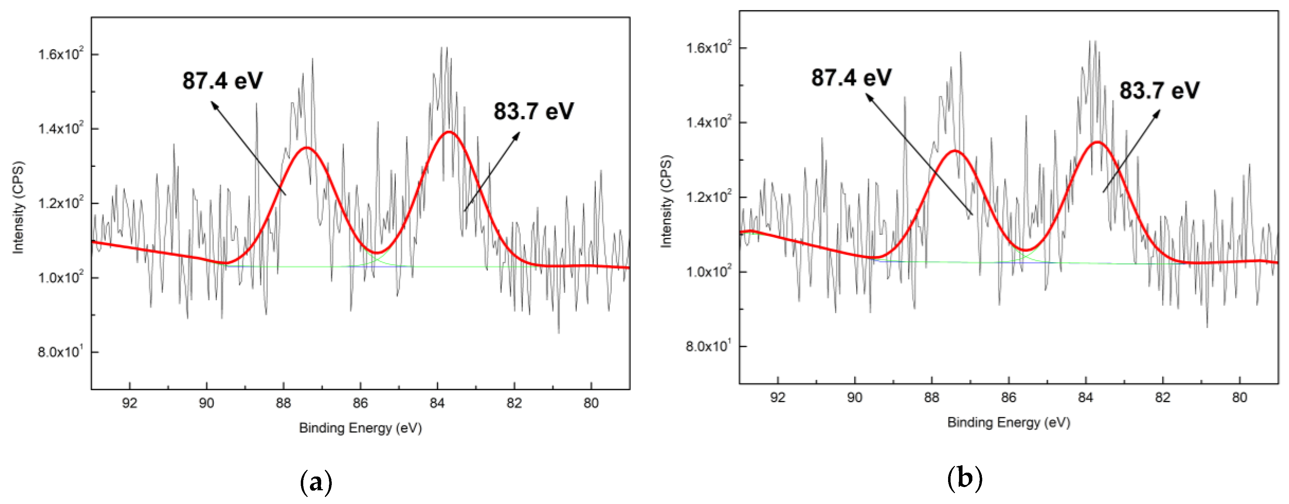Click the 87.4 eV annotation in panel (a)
pos(222,81)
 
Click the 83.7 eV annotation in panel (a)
pos(534,111)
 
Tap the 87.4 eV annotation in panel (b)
pos(851,78)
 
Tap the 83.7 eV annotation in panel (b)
pos(1159,91)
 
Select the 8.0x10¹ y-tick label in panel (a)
pos(61,352)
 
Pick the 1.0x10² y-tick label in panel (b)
pos(709,271)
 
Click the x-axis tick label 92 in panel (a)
pos(130,403)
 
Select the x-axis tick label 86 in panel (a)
pos(360,403)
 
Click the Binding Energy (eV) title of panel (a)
pos(360,428)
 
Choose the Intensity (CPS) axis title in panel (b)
pos(667,201)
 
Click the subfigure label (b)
pos(965,479)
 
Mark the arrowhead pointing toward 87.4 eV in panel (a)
pos(214,104)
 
